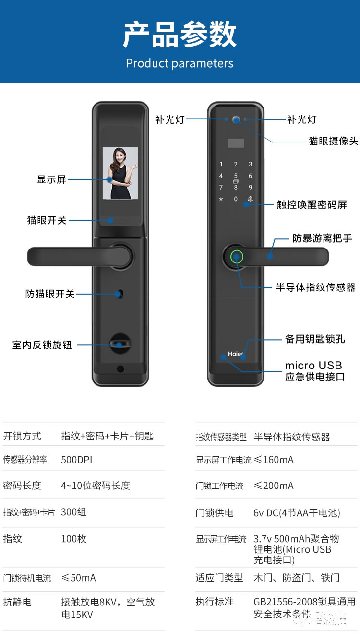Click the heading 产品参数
point(180,35)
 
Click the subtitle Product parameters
point(180,63)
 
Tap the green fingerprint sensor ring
point(237,257)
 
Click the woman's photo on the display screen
point(120,173)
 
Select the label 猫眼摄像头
point(333,141)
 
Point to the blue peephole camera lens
point(236,119)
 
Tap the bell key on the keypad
point(250,199)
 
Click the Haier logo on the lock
point(236,354)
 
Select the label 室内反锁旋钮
point(42,345)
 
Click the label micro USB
point(313,366)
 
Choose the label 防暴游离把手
point(322,238)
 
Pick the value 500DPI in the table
point(76,460)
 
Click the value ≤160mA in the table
point(273,460)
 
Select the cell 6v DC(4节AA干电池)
point(297,513)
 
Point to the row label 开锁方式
point(22,436)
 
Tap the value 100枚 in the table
point(73,539)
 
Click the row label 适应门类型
point(219,578)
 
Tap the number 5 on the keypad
point(236,176)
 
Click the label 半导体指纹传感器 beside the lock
point(315,287)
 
